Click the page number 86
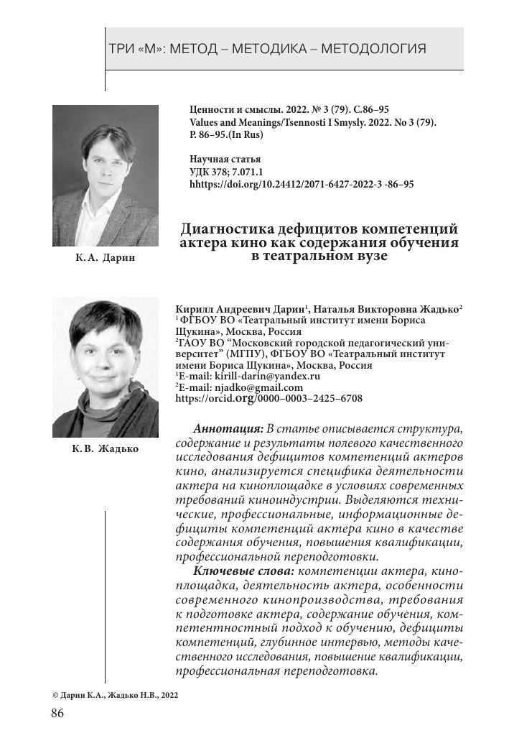point(57,714)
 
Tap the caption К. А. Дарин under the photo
point(106,257)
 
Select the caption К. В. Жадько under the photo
point(106,448)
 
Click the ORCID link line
point(268,397)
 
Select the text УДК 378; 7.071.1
point(227,172)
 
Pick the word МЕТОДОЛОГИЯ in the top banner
point(373,50)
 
